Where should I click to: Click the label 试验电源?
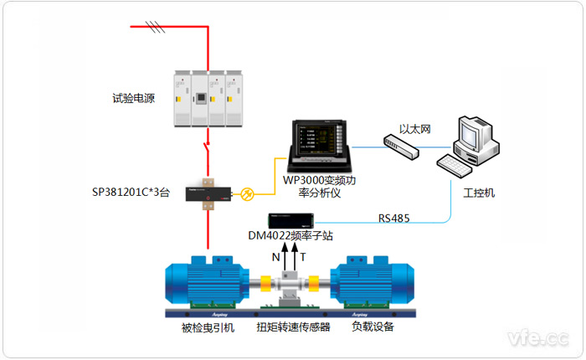pos(134,98)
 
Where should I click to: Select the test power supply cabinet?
pos(207,98)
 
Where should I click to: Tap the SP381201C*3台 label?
pos(131,193)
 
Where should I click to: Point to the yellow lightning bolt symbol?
pos(247,193)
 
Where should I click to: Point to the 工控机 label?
pos(479,193)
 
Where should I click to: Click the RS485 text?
pos(394,219)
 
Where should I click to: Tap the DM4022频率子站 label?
pos(290,236)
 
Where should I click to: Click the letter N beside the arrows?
pos(276,257)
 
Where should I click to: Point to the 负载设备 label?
pos(373,327)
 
